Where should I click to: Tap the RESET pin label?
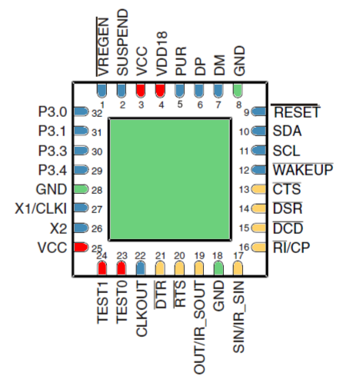(296, 113)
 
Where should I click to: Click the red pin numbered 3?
(141, 89)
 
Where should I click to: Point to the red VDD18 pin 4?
(161, 89)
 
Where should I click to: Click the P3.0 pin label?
(52, 112)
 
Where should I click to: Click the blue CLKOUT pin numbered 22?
(141, 268)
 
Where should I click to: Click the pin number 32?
(96, 113)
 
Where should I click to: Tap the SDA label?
(287, 131)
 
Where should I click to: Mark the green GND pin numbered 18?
(218, 268)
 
